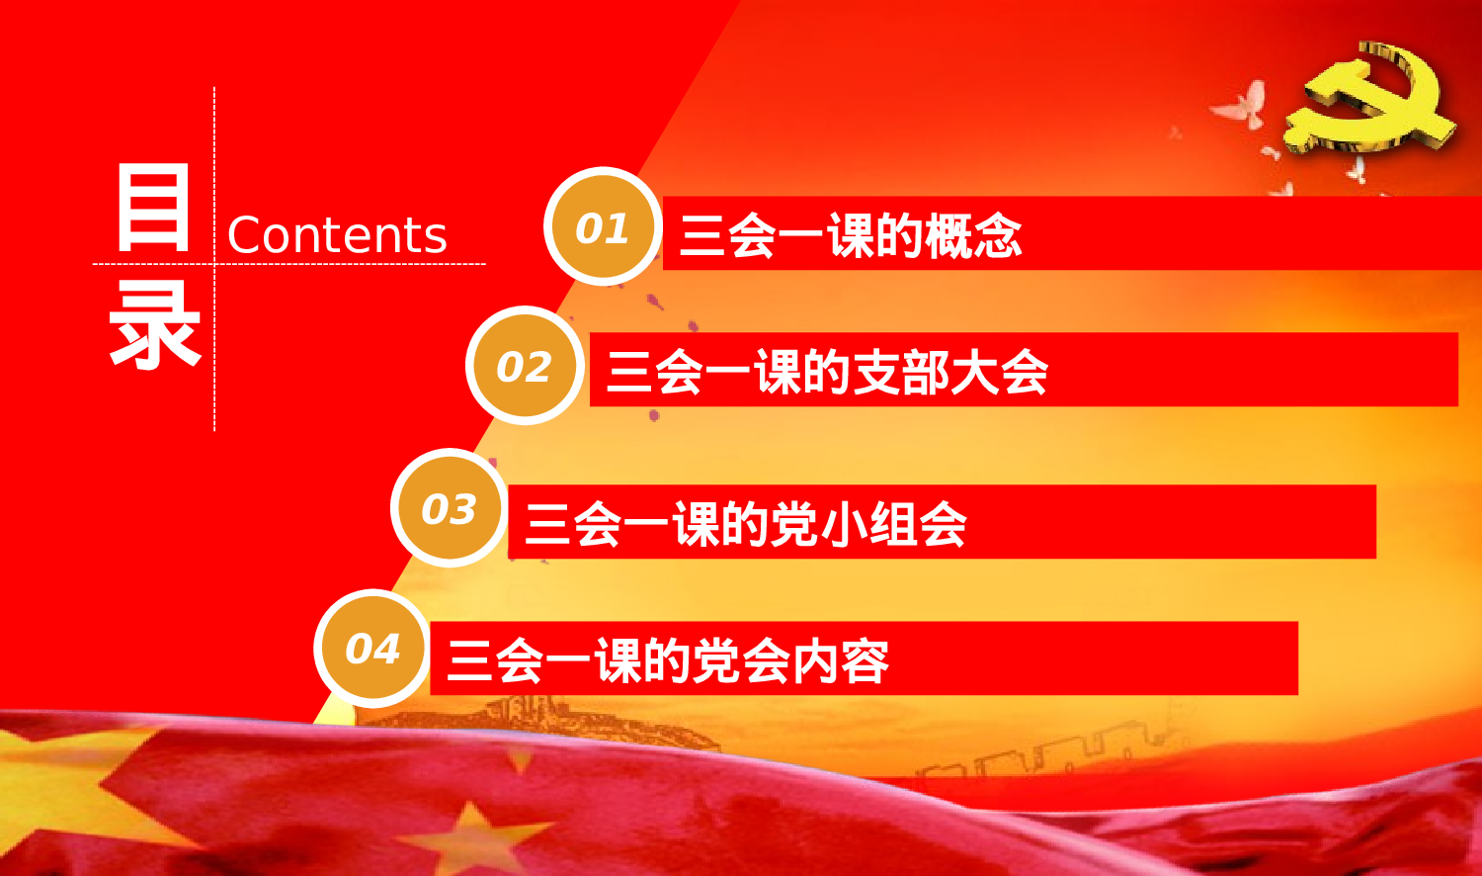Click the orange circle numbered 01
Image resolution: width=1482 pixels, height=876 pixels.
pos(602,227)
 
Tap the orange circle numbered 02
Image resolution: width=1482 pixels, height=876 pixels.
pos(524,367)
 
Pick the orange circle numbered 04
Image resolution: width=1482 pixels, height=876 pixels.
pos(372,649)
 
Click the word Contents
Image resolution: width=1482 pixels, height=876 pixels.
pos(337,235)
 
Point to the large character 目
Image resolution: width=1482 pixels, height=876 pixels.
pos(153,209)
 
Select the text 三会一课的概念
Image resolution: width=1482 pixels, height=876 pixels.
pos(851,235)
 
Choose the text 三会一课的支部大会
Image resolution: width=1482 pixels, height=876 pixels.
pos(827,372)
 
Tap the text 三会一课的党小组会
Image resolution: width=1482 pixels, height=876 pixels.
pos(746,523)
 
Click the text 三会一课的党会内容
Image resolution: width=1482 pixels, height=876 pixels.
pos(669,660)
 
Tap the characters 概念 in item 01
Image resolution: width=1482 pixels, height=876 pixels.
pos(973,235)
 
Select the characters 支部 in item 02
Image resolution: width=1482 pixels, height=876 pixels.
pos(900,372)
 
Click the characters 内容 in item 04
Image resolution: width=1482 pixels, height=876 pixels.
pos(840,660)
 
